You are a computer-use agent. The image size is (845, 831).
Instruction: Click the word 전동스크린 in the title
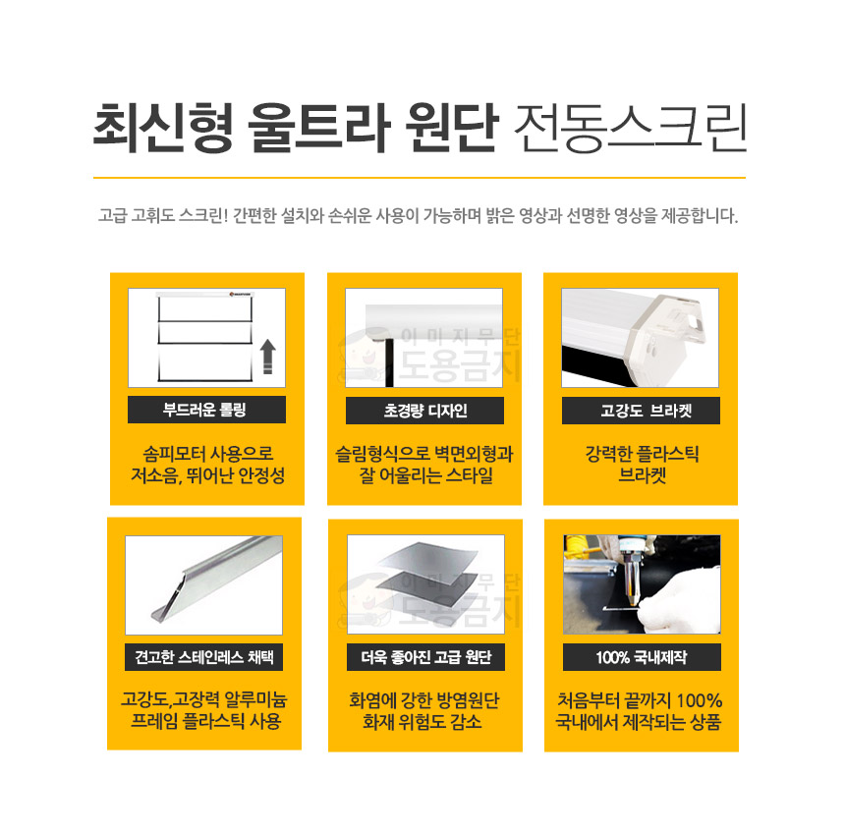pyautogui.click(x=630, y=129)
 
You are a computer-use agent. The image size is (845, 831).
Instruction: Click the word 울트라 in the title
pyautogui.click(x=318, y=129)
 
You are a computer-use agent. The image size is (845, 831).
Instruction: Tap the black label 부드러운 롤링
pyautogui.click(x=206, y=410)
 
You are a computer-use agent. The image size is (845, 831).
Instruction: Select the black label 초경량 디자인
pyautogui.click(x=424, y=411)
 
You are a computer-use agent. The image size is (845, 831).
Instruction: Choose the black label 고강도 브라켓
pyautogui.click(x=641, y=411)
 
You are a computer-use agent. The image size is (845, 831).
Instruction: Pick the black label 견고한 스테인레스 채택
pyautogui.click(x=203, y=657)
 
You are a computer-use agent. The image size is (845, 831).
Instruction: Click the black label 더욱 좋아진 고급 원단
pyautogui.click(x=425, y=657)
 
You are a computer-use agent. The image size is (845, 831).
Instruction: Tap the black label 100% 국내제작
pyautogui.click(x=642, y=657)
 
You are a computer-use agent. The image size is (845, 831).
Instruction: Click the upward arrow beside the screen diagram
pyautogui.click(x=268, y=357)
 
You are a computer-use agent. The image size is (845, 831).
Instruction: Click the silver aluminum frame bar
pyautogui.click(x=215, y=579)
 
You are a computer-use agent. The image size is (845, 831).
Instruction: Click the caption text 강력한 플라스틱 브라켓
pyautogui.click(x=642, y=465)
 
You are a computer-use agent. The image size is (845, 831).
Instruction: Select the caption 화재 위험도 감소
pyautogui.click(x=422, y=722)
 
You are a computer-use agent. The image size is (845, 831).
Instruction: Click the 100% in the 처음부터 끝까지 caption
pyautogui.click(x=699, y=700)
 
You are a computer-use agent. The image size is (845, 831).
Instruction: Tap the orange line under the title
pyautogui.click(x=420, y=178)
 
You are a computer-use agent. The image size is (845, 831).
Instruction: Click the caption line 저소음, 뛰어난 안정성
pyautogui.click(x=207, y=475)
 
